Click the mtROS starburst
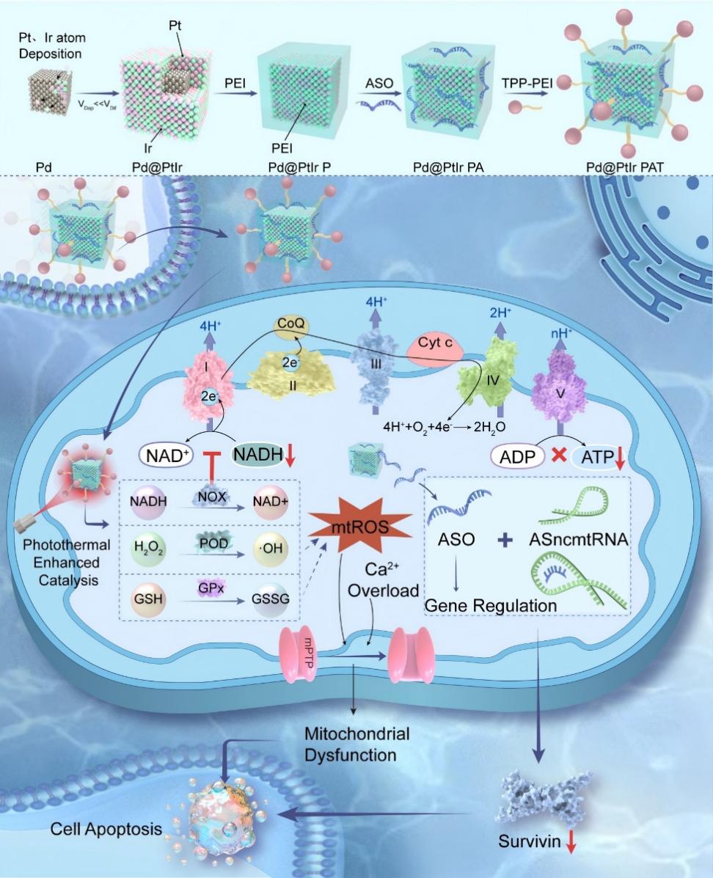tap(353, 527)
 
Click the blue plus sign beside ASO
tap(505, 541)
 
